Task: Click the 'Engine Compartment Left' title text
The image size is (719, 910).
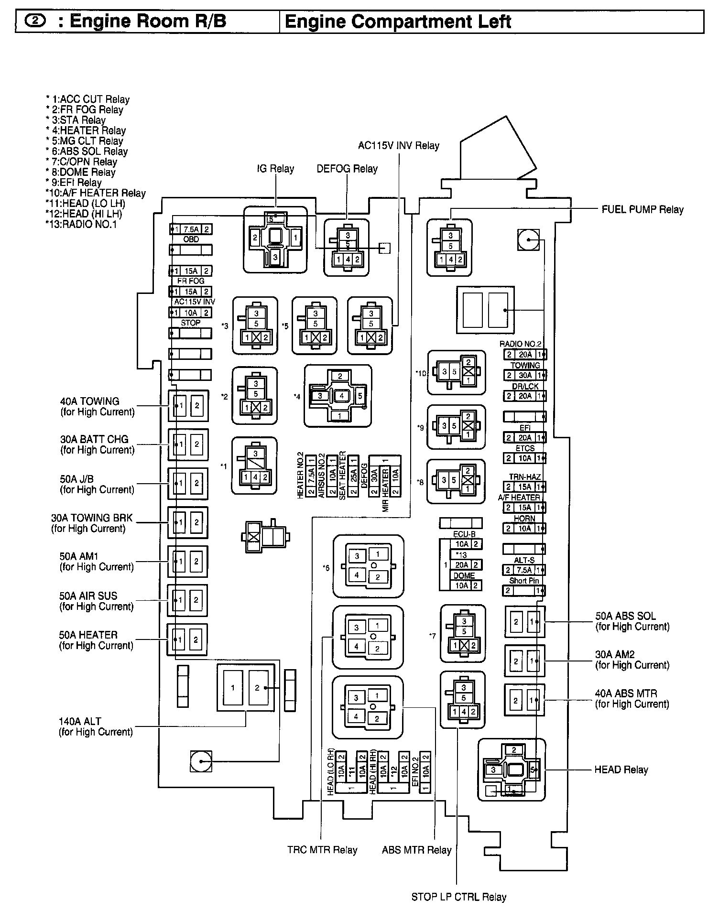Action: [x=398, y=22]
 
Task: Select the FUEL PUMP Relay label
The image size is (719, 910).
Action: [x=642, y=209]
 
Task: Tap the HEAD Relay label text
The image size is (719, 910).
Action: [x=621, y=769]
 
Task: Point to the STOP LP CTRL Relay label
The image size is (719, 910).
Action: [x=458, y=897]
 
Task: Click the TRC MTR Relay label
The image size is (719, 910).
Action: [x=322, y=850]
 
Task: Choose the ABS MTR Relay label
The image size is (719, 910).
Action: [x=416, y=850]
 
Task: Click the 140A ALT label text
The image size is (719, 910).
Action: [x=80, y=721]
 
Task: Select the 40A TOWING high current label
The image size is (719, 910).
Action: [x=90, y=401]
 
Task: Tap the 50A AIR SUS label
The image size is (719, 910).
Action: [x=88, y=596]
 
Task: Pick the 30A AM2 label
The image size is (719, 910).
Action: [x=615, y=654]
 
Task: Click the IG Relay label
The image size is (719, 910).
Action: [x=275, y=169]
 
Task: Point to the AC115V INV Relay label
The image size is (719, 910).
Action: [x=399, y=145]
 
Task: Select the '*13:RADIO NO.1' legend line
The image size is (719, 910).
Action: [x=81, y=224]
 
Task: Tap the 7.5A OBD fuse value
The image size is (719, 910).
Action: [x=191, y=229]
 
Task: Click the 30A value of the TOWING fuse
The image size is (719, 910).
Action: [x=525, y=376]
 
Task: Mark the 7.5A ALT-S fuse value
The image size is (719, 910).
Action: [x=524, y=570]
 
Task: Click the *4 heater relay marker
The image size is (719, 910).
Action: [x=297, y=396]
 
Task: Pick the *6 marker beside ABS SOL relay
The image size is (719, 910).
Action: [x=326, y=568]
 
